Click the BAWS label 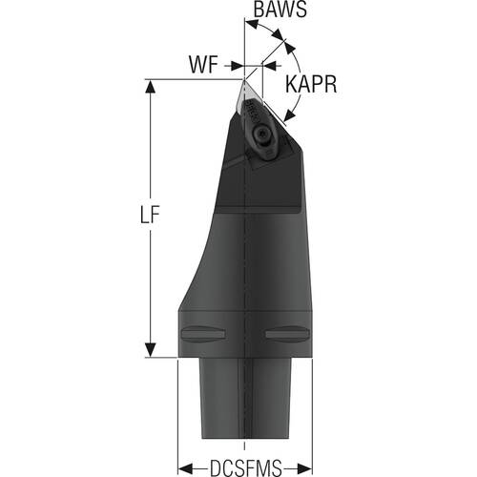[280, 10]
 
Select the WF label [203, 65]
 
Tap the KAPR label [311, 85]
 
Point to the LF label [150, 216]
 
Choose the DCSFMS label [246, 467]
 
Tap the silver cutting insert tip [243, 82]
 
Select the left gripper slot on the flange [203, 334]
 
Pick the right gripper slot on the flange [287, 334]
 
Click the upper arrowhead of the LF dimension [150, 86]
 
